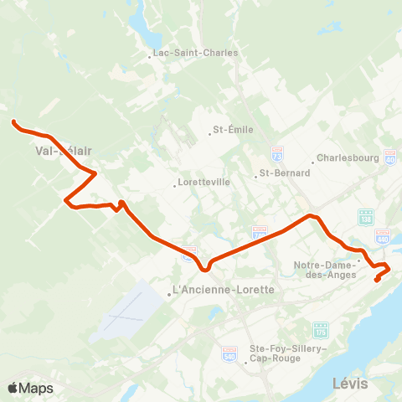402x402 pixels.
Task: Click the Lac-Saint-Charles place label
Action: coord(196,53)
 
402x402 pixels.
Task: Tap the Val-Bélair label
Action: coord(64,152)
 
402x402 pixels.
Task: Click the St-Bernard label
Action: coord(284,173)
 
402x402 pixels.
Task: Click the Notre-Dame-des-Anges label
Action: coord(327,271)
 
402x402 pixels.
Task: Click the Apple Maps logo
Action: coord(30,388)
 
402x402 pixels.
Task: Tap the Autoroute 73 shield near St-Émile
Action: coord(278,154)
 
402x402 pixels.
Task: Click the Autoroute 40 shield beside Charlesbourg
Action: coord(390,157)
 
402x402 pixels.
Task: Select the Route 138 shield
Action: coord(365,217)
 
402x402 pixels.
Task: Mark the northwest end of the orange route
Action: coord(13,122)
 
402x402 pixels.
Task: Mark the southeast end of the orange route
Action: coord(376,280)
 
